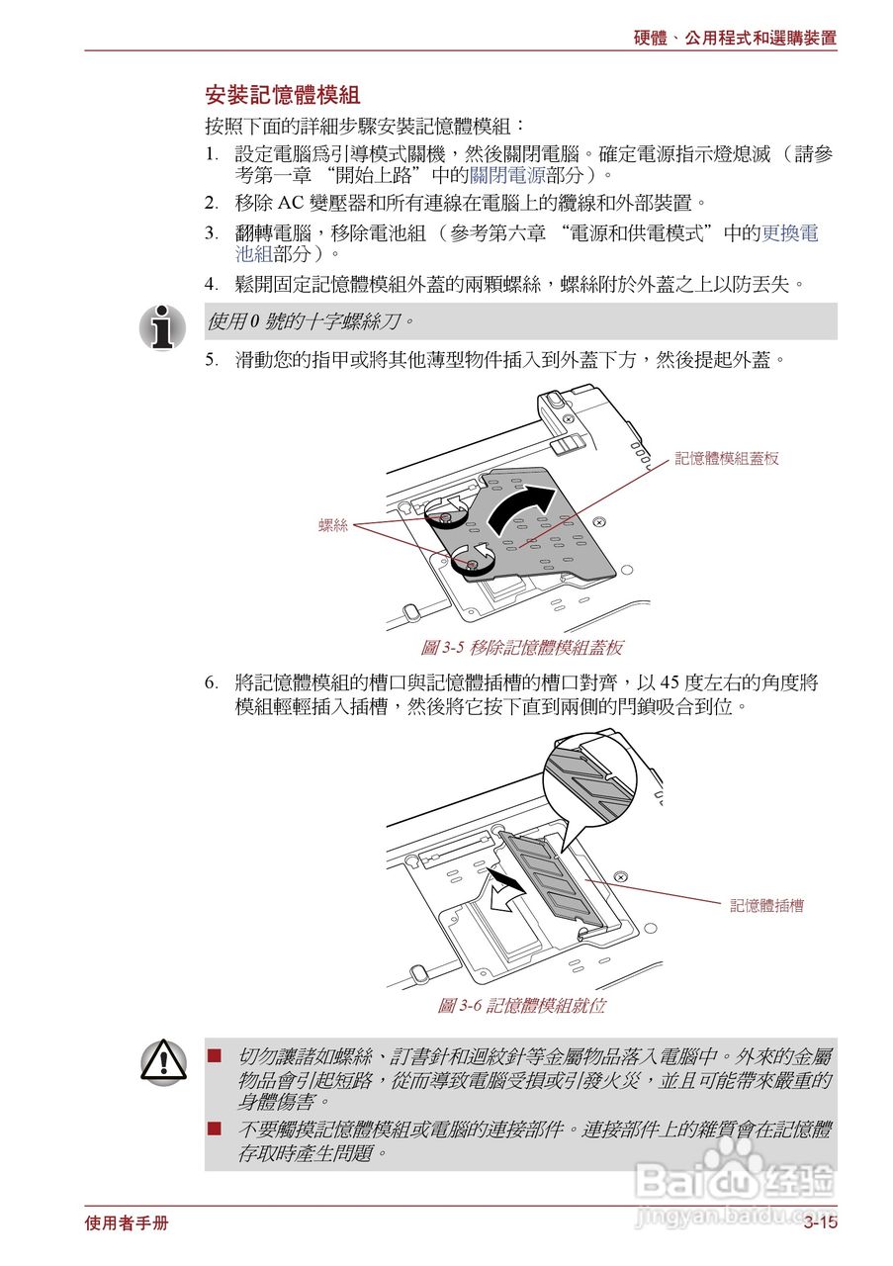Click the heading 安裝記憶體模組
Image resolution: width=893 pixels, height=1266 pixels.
pyautogui.click(x=281, y=96)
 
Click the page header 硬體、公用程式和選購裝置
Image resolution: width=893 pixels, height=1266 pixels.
pyautogui.click(x=735, y=39)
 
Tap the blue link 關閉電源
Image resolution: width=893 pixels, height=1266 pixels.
pyautogui.click(x=507, y=175)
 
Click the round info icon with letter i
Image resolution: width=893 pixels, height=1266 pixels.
pyautogui.click(x=162, y=326)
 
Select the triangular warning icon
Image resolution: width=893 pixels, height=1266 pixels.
pyautogui.click(x=162, y=1062)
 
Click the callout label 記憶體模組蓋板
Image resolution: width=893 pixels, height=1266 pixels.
pyautogui.click(x=727, y=459)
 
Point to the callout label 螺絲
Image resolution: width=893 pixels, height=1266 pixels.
pyautogui.click(x=333, y=525)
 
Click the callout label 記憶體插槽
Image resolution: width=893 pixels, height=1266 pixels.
pyautogui.click(x=766, y=905)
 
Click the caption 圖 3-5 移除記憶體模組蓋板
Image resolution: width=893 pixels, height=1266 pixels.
pyautogui.click(x=521, y=648)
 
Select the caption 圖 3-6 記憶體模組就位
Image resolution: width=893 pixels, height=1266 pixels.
pyautogui.click(x=521, y=1006)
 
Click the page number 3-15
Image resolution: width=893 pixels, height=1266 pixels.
pyautogui.click(x=820, y=1223)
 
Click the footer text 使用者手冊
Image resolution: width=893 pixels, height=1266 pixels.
pyautogui.click(x=127, y=1223)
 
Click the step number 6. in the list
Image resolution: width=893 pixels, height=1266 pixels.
pyautogui.click(x=212, y=683)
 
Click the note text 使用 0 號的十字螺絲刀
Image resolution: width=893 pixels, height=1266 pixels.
pyautogui.click(x=311, y=322)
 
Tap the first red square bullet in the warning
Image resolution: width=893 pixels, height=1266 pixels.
pyautogui.click(x=214, y=1056)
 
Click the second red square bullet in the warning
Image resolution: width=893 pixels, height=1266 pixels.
pyautogui.click(x=214, y=1129)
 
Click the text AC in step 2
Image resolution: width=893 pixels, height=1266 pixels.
pyautogui.click(x=289, y=204)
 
